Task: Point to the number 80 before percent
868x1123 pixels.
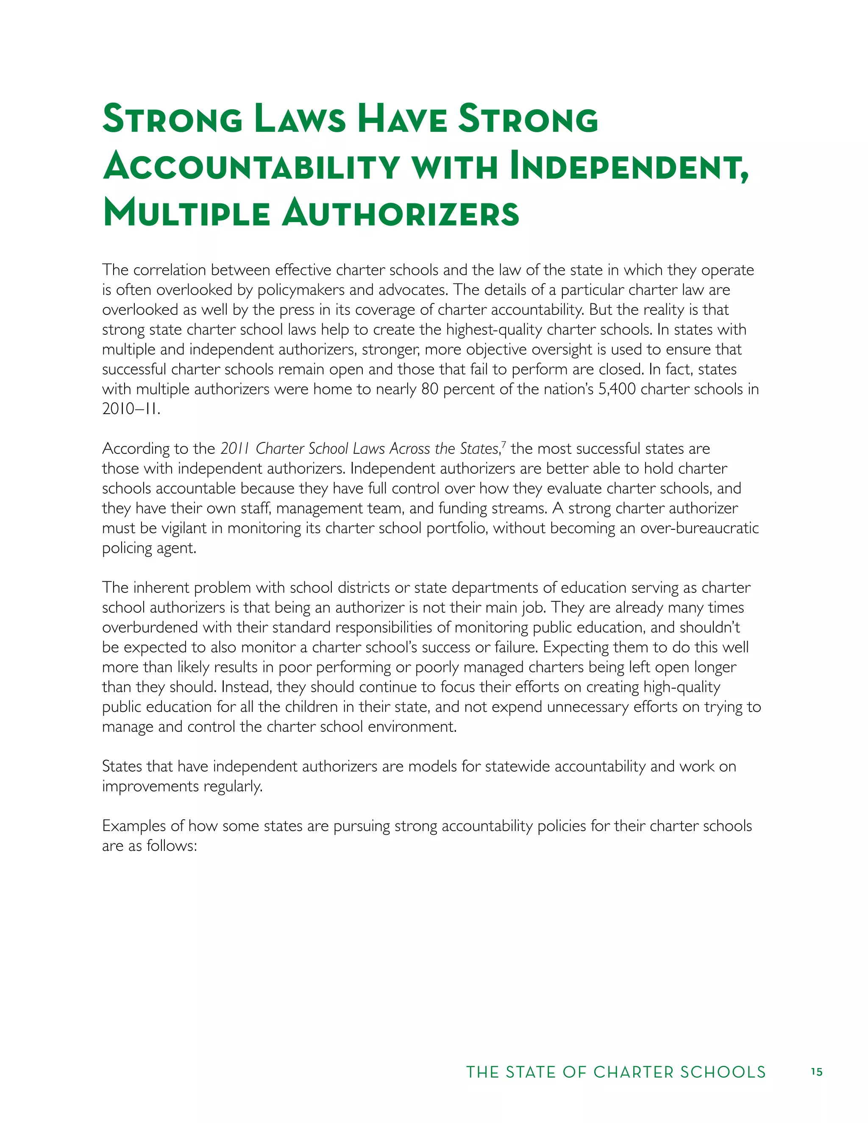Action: (x=430, y=389)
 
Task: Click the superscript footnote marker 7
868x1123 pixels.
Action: (x=504, y=444)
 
